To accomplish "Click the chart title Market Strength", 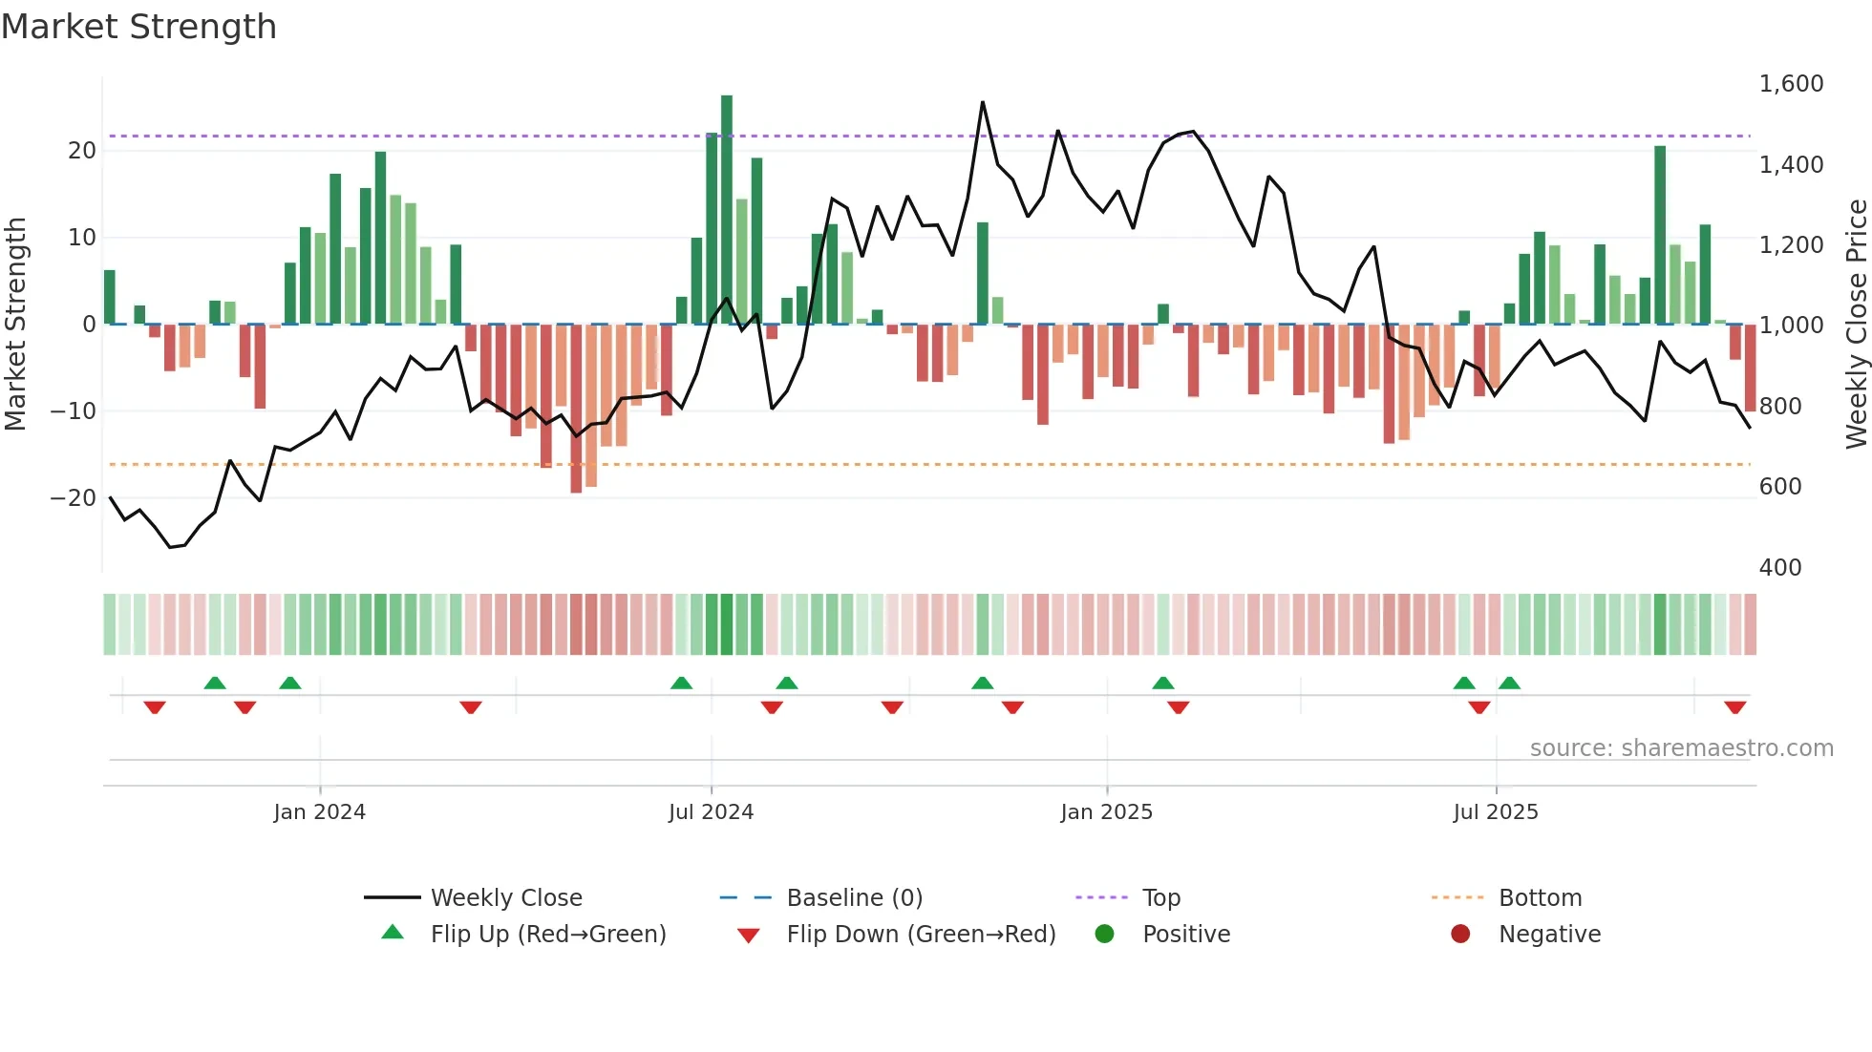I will pyautogui.click(x=138, y=27).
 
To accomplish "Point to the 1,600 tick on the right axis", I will pyautogui.click(x=1791, y=84).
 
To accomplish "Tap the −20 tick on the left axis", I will pyautogui.click(x=74, y=498).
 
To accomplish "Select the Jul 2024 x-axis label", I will pyautogui.click(x=711, y=812).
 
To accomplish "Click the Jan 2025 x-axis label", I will pyautogui.click(x=1106, y=812).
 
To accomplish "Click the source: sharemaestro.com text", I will pyautogui.click(x=1681, y=748).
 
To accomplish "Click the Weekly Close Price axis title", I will pyautogui.click(x=1856, y=325).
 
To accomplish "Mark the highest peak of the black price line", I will pyautogui.click(x=982, y=103).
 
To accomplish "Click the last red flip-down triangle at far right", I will pyautogui.click(x=1734, y=707).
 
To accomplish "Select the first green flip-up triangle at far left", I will pyautogui.click(x=215, y=683).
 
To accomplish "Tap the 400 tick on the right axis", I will pyautogui.click(x=1779, y=568).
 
